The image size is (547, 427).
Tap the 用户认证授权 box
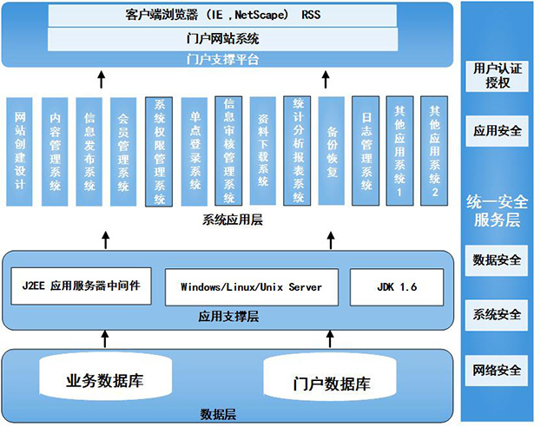click(x=498, y=76)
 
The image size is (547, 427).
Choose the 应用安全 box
click(x=498, y=132)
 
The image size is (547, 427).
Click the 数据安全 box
click(x=498, y=259)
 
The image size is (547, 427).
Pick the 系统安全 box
click(x=498, y=314)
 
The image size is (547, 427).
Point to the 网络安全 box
click(x=498, y=370)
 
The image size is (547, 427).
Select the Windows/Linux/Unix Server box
click(x=251, y=286)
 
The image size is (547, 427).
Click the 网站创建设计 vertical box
click(x=21, y=151)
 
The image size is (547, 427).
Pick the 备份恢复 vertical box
click(x=332, y=151)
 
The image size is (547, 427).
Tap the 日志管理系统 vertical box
click(x=366, y=151)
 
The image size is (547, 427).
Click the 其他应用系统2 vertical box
click(x=435, y=151)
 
